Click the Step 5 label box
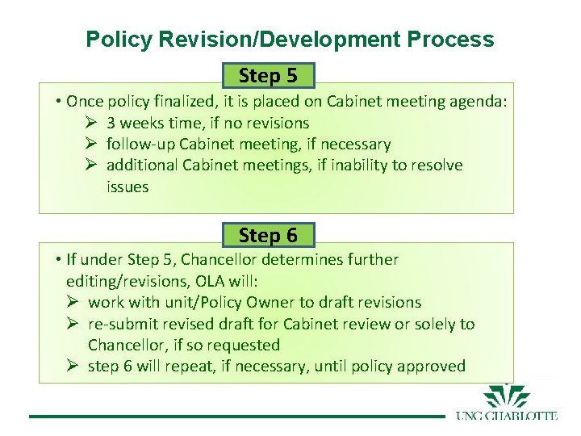coord(268,76)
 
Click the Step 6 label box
coord(268,235)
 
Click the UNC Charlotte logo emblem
coord(507,398)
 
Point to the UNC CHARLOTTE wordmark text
coord(506,416)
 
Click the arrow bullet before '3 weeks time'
coord(91,123)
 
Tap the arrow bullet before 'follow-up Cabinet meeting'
coord(91,144)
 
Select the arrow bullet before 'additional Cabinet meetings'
coord(91,165)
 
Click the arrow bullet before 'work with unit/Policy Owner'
coord(73,302)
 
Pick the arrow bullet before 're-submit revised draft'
coord(73,324)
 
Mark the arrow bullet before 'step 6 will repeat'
coord(73,366)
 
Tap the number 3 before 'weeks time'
coord(111,123)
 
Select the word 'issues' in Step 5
coord(127,187)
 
